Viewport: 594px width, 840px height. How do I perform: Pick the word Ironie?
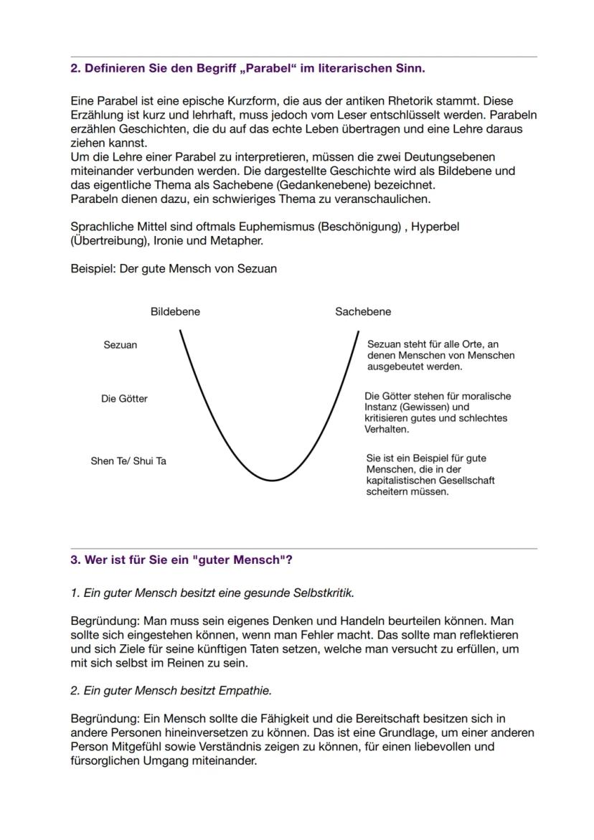(169, 240)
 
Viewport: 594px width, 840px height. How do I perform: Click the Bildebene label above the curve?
(175, 312)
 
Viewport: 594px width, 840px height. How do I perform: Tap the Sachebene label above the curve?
(363, 312)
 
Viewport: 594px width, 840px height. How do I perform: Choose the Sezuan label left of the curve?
(121, 345)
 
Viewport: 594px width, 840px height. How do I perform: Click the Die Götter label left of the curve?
(124, 399)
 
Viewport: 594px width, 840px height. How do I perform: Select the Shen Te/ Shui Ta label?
(128, 461)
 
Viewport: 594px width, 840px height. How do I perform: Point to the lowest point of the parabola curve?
(272, 480)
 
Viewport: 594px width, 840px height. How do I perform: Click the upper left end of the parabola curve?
(180, 331)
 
